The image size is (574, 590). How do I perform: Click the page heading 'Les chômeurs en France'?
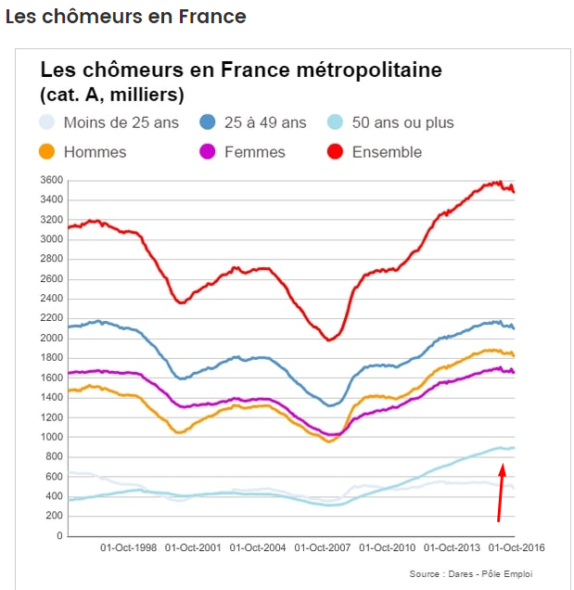125,17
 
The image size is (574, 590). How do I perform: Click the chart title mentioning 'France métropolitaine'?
241,71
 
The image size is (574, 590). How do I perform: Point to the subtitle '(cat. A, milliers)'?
111,95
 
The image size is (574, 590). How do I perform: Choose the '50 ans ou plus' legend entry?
403,122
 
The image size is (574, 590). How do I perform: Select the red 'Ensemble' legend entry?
387,152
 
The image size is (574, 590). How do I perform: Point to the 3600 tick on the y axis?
52,180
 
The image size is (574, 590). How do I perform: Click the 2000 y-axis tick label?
52,339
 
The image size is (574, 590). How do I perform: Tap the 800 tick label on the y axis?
56,457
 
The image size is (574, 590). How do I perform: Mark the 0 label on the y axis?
60,536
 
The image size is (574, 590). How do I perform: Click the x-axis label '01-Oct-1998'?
128,548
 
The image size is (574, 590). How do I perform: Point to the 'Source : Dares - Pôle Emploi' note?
471,574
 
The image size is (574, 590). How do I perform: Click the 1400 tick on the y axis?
52,398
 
